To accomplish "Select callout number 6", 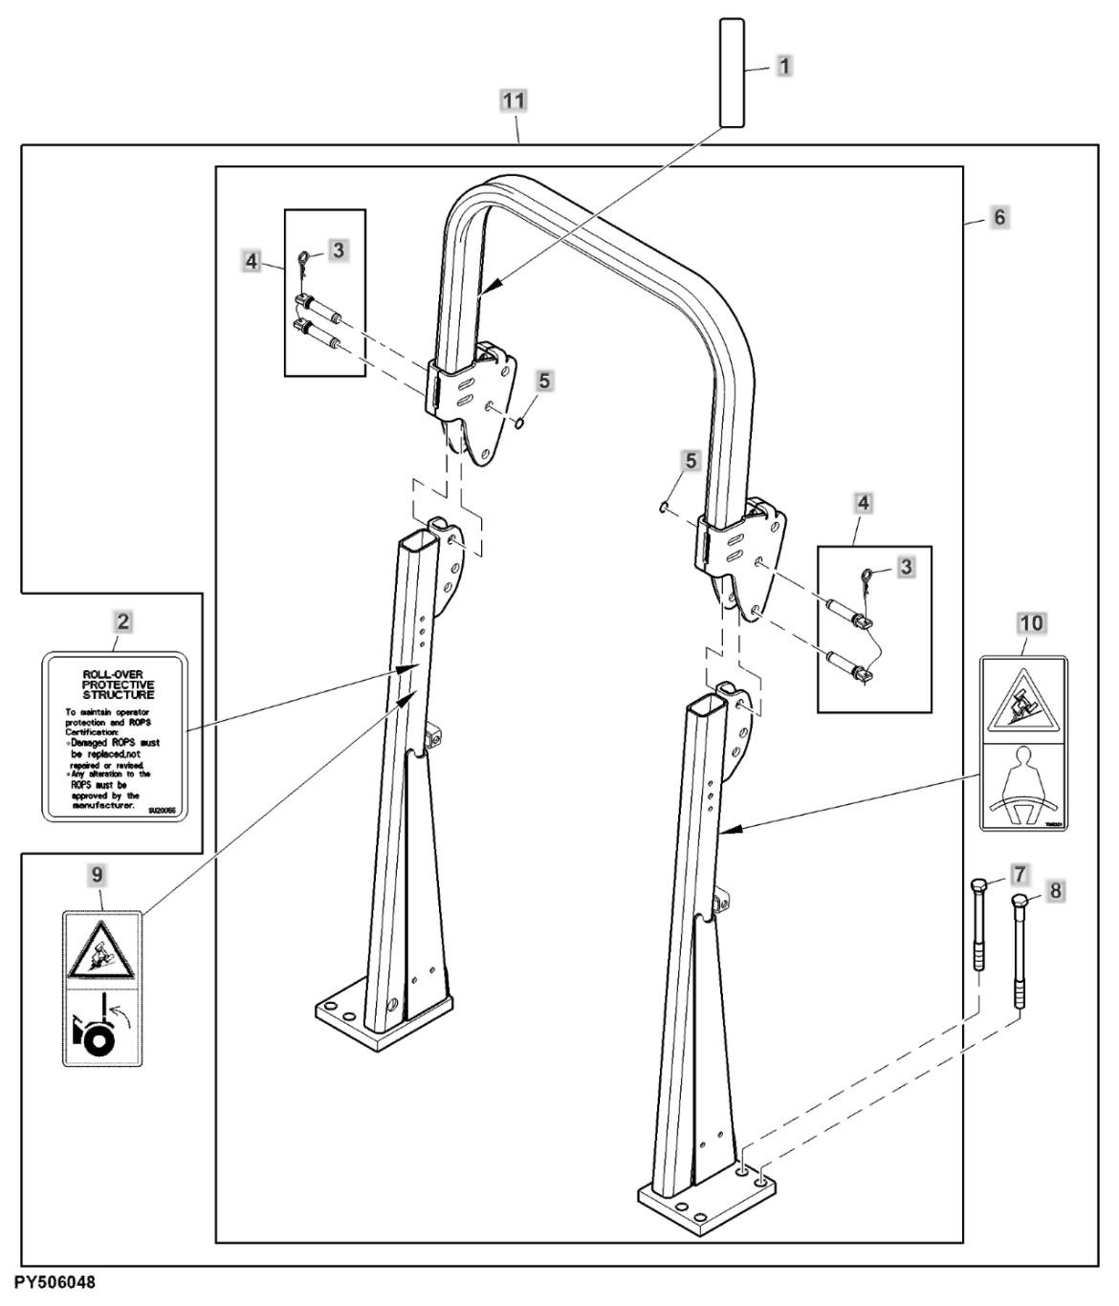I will pyautogui.click(x=999, y=217).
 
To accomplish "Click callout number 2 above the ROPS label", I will pyautogui.click(x=122, y=620).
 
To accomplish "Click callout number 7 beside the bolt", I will pyautogui.click(x=1019, y=873).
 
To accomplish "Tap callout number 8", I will pyautogui.click(x=1055, y=890).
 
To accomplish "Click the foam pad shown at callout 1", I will pyautogui.click(x=733, y=72).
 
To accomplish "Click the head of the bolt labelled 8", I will pyautogui.click(x=1019, y=903).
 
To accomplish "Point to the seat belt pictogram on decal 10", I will pyautogui.click(x=1024, y=786).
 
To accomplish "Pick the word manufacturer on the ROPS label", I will pyautogui.click(x=105, y=806).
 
